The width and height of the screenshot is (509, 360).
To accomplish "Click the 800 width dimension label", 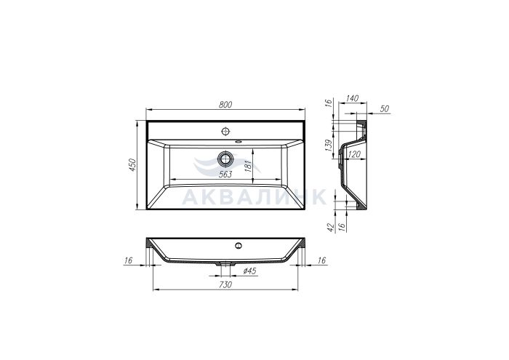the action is tap(225, 105).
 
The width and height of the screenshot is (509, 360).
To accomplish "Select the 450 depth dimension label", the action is tap(132, 165).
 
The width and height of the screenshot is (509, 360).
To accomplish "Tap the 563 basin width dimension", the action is tap(225, 175).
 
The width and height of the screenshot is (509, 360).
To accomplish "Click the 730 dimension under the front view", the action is tap(225, 284).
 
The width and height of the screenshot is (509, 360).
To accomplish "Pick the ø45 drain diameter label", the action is tap(249, 271).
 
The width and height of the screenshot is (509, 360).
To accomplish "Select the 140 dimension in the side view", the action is tap(352, 98).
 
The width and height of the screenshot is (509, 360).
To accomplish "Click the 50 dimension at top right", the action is tap(385, 109).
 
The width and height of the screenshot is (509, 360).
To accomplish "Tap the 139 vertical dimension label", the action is tap(329, 145).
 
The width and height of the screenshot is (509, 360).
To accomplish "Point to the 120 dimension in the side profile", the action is tap(354, 154).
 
